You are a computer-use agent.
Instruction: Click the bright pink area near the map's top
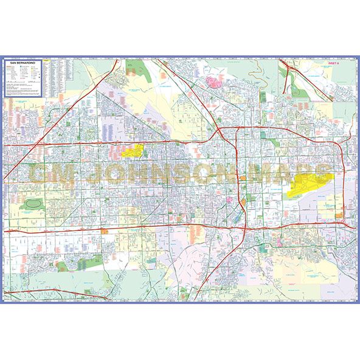pos(213,81)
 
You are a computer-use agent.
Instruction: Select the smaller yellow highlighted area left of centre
pos(133,150)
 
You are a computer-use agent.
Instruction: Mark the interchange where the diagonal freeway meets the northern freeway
pos(218,130)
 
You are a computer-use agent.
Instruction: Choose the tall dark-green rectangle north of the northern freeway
pos(263,97)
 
